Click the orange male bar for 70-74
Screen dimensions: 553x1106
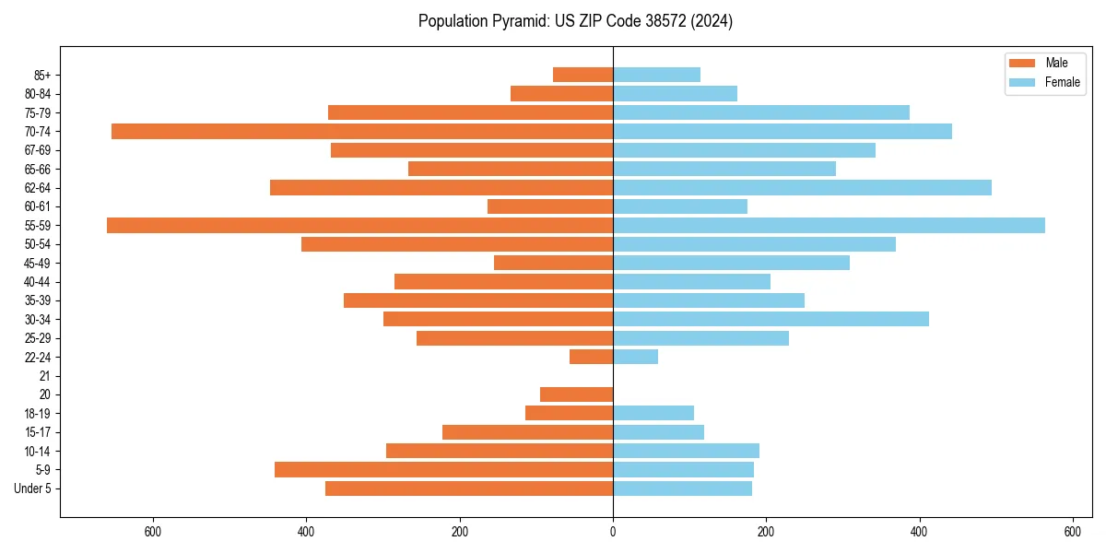(362, 132)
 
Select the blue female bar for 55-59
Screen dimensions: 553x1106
(829, 226)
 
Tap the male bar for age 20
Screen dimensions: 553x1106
(576, 394)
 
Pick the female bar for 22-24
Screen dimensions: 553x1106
(635, 357)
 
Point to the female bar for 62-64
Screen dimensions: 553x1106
(802, 188)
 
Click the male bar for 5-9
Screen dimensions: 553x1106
(443, 470)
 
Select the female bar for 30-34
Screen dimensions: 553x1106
(771, 319)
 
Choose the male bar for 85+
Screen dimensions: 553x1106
(582, 75)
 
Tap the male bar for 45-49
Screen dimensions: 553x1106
(553, 263)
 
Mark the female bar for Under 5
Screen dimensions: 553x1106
(682, 488)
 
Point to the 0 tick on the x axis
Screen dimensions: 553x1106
(613, 532)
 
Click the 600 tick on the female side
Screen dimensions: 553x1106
(1072, 532)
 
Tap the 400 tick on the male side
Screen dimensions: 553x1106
(306, 532)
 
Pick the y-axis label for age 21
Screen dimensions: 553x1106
(45, 376)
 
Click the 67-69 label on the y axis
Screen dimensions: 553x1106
(38, 150)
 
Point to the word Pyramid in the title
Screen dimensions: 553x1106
(518, 21)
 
